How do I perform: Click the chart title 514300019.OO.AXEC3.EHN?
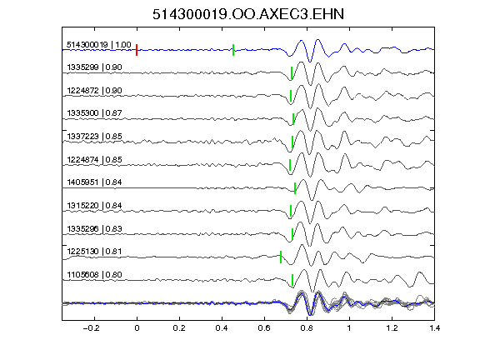pyautogui.click(x=248, y=14)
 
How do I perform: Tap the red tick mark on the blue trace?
pyautogui.click(x=137, y=50)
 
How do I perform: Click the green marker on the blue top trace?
pyautogui.click(x=233, y=50)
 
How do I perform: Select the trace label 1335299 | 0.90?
pyautogui.click(x=94, y=67)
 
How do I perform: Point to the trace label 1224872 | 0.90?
pyautogui.click(x=94, y=91)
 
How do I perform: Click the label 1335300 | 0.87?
pyautogui.click(x=94, y=113)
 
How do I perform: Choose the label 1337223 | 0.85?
pyautogui.click(x=94, y=136)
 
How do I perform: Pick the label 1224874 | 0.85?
pyautogui.click(x=94, y=159)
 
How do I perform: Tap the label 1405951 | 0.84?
pyautogui.click(x=94, y=182)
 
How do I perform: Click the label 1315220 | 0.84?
pyautogui.click(x=94, y=205)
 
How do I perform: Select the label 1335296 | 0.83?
pyautogui.click(x=94, y=228)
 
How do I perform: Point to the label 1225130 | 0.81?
pyautogui.click(x=94, y=252)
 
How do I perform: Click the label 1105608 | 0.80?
pyautogui.click(x=94, y=275)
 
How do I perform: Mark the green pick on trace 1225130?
pyautogui.click(x=281, y=257)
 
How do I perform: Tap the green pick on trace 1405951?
pyautogui.click(x=295, y=188)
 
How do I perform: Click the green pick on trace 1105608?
pyautogui.click(x=292, y=280)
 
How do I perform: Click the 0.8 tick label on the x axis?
pyautogui.click(x=307, y=328)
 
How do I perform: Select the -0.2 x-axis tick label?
pyautogui.click(x=91, y=328)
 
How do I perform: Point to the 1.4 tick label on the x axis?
pyautogui.click(x=434, y=328)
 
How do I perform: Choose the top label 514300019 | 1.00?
pyautogui.click(x=99, y=45)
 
